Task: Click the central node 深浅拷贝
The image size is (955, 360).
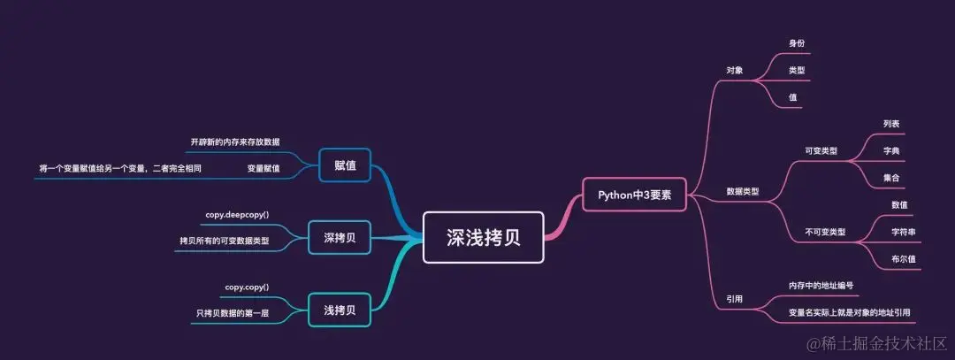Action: coord(483,237)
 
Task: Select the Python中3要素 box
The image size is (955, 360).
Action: coord(633,195)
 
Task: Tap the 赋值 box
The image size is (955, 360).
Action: coord(345,167)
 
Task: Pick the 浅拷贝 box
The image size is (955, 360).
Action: coord(340,310)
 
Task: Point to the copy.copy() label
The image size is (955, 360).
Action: coord(247,287)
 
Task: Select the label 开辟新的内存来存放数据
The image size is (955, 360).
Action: coord(235,142)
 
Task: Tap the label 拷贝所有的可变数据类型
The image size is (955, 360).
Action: coord(225,241)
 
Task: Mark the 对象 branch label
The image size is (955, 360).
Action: coord(734,69)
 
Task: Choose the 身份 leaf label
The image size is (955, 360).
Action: coord(797,42)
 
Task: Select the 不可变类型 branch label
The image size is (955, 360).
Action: coord(824,232)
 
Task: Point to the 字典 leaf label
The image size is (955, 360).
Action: coord(891,151)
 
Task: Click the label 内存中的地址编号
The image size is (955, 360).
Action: coord(821,286)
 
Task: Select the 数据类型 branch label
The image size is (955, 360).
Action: coord(743,191)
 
